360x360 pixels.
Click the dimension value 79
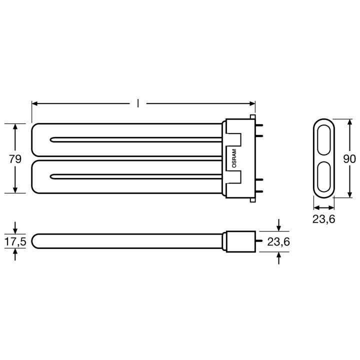pyautogui.click(x=15, y=159)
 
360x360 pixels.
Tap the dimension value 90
pyautogui.click(x=349, y=159)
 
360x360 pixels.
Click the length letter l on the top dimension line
pyautogui.click(x=138, y=103)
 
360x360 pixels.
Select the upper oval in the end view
pyautogui.click(x=323, y=139)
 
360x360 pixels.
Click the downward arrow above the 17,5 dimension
pyautogui.click(x=15, y=229)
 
